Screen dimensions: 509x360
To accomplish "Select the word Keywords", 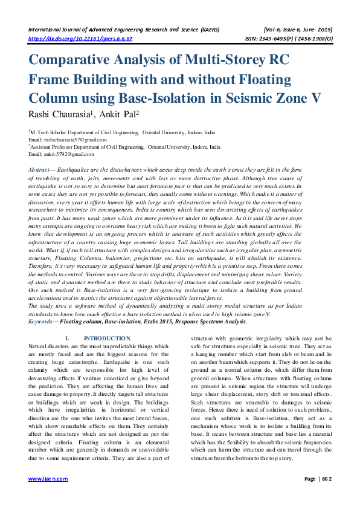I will (x=42, y=322).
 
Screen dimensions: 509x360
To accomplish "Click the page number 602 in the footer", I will (x=327, y=495).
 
